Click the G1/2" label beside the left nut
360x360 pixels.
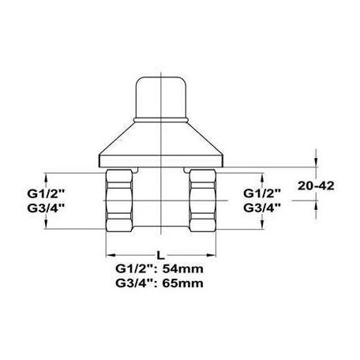coord(67,192)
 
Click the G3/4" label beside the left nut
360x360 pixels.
coord(67,208)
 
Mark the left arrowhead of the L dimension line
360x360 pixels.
coord(109,254)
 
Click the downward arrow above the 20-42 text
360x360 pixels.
coord(317,163)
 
